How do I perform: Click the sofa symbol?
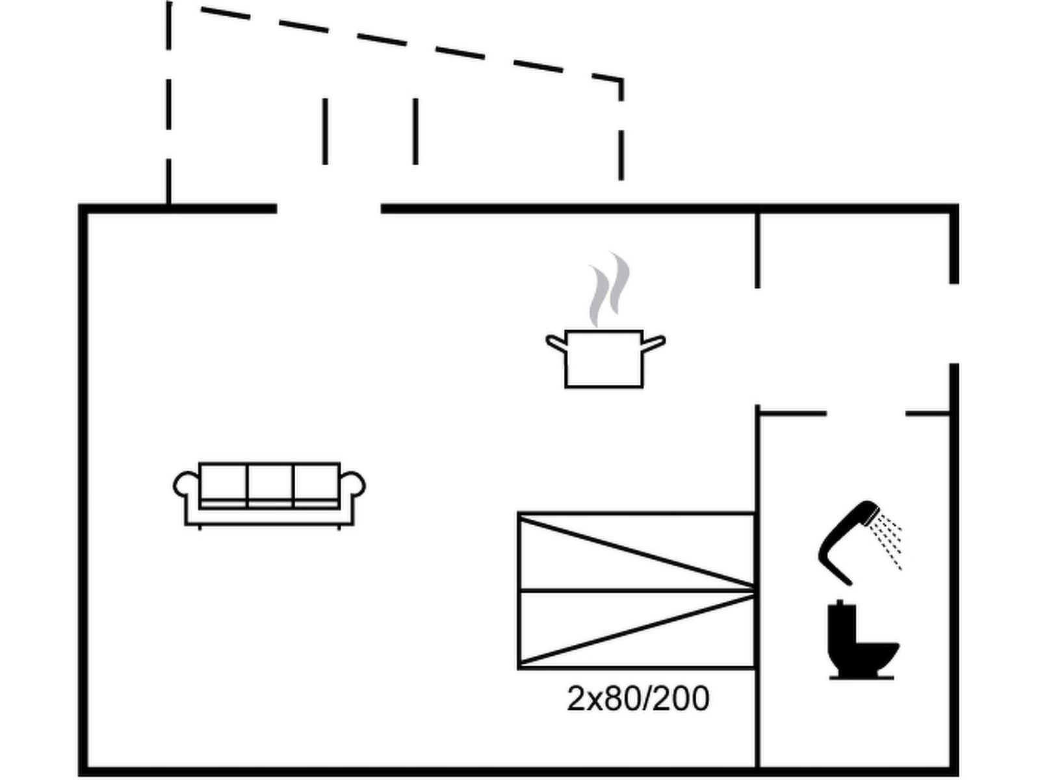pyautogui.click(x=269, y=494)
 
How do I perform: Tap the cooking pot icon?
pyautogui.click(x=604, y=359)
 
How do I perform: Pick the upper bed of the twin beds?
pyautogui.click(x=636, y=552)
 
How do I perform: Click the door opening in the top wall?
pyautogui.click(x=329, y=209)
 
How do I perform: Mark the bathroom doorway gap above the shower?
pyautogui.click(x=866, y=413)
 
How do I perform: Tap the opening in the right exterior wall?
pyautogui.click(x=954, y=323)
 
